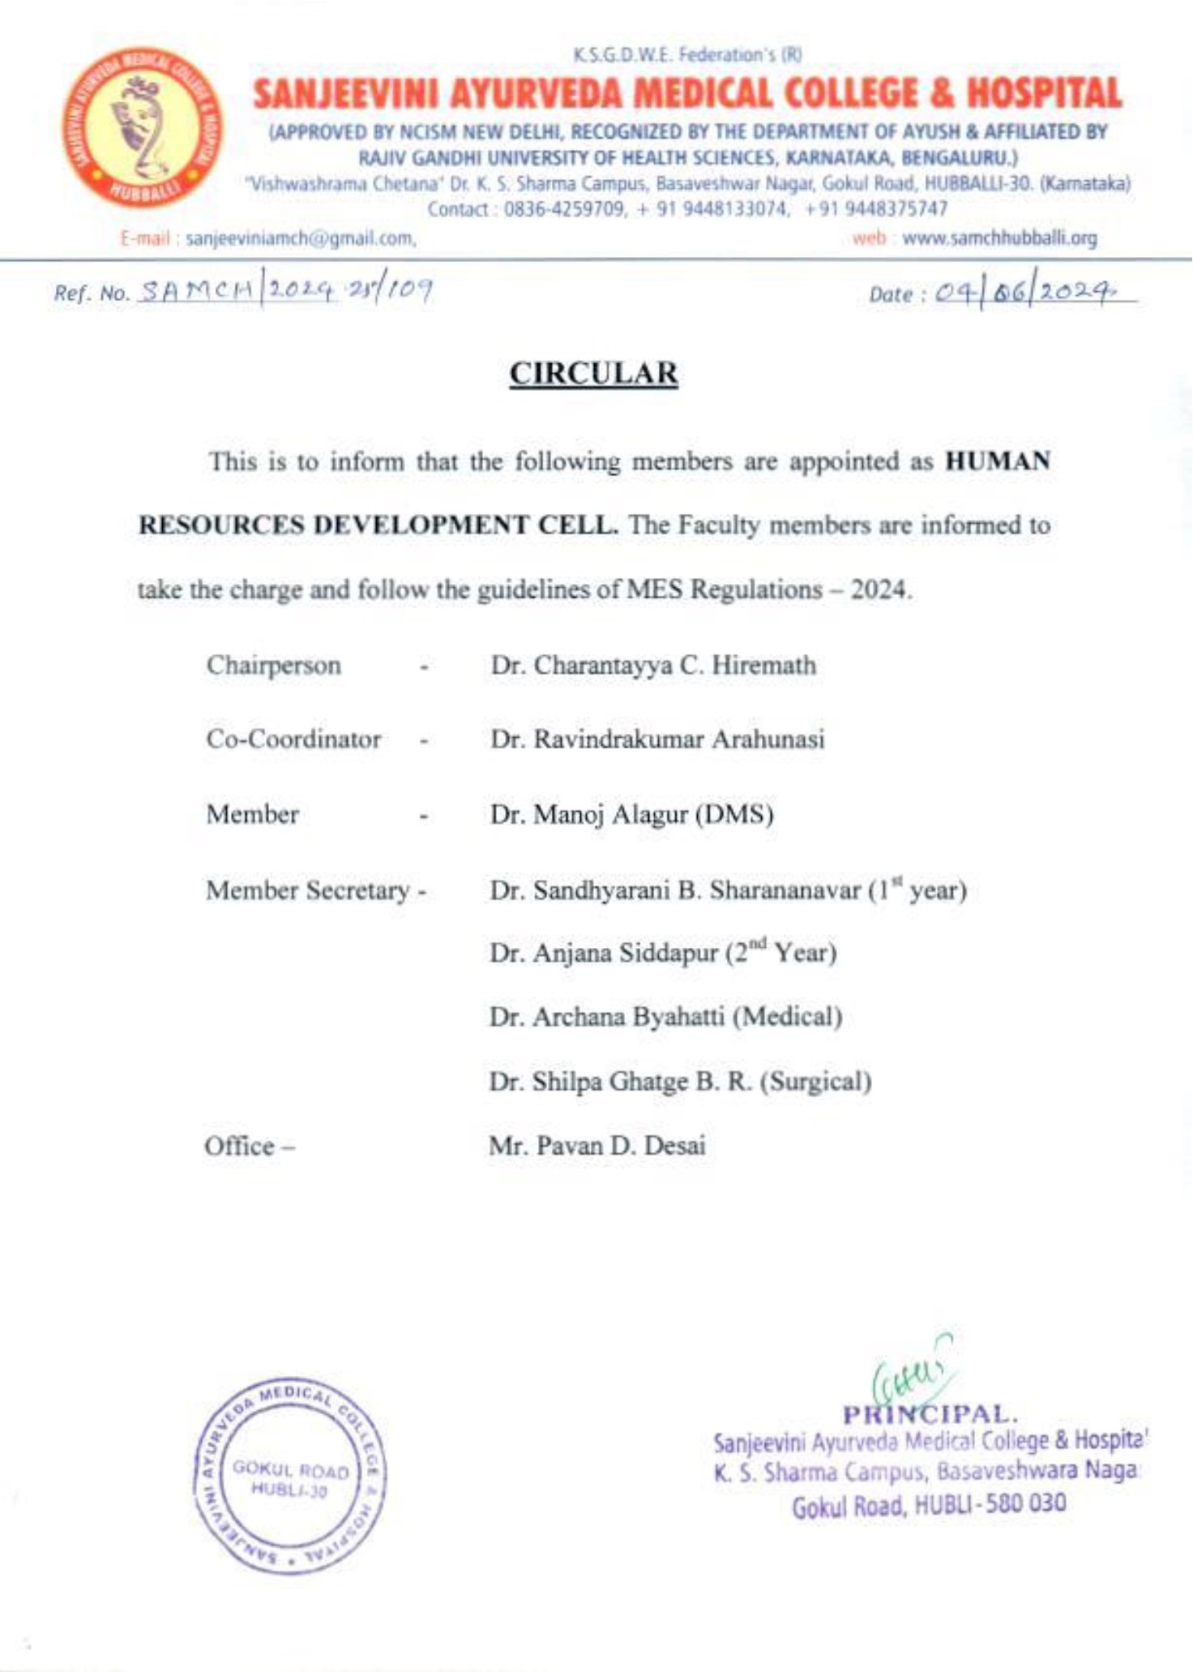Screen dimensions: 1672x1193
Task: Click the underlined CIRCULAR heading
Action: (593, 374)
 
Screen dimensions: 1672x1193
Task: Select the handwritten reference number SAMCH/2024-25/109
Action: (284, 289)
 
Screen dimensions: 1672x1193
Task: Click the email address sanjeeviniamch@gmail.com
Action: (301, 239)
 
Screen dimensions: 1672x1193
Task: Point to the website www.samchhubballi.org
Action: (999, 238)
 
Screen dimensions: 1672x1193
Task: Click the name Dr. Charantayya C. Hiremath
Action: (653, 666)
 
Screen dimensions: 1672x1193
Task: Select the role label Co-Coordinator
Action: (293, 740)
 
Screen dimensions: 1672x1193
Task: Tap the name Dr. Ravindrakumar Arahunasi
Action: (657, 740)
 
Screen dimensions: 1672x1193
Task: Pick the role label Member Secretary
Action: (308, 890)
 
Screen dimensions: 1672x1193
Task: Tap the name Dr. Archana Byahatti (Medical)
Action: (665, 1017)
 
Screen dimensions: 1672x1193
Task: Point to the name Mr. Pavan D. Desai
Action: (597, 1146)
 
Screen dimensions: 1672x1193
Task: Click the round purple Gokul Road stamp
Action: (290, 1476)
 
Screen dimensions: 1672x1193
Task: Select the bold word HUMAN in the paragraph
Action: (998, 461)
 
